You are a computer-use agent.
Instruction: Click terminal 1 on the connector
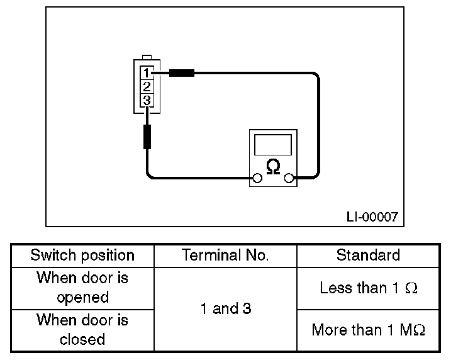click(x=147, y=72)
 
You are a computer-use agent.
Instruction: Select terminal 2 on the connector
click(x=147, y=87)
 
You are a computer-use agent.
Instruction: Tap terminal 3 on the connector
click(x=147, y=101)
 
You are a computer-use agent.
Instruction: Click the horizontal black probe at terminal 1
click(x=182, y=73)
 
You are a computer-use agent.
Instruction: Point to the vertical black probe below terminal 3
click(x=147, y=137)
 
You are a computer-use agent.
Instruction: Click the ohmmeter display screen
click(x=273, y=145)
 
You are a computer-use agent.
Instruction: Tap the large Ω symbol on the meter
click(x=273, y=167)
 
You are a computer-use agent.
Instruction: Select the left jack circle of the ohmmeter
click(x=257, y=178)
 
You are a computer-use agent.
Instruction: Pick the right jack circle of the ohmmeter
click(x=289, y=178)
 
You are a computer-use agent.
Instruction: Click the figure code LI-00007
click(x=372, y=217)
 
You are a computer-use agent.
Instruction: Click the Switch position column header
click(x=82, y=256)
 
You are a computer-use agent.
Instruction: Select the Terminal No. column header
click(x=225, y=255)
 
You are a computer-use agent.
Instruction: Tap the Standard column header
click(x=368, y=255)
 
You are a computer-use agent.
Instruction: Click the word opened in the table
click(x=82, y=298)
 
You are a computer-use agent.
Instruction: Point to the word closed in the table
click(x=82, y=339)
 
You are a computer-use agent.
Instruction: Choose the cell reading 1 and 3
click(x=226, y=308)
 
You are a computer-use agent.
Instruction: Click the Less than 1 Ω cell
click(x=368, y=288)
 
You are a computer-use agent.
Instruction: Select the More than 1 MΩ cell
click(x=368, y=330)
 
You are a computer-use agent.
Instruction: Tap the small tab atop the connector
click(x=147, y=57)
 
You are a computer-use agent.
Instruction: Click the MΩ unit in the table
click(x=413, y=330)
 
